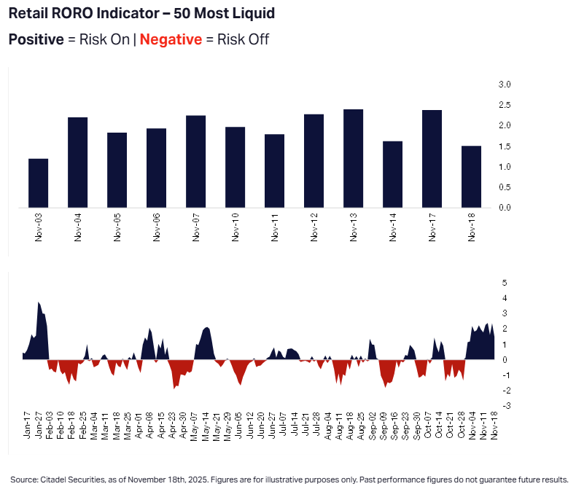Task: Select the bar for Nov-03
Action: [x=38, y=183]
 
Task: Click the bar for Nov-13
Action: [x=354, y=159]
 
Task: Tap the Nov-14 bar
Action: [x=393, y=174]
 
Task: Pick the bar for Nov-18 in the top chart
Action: [x=471, y=177]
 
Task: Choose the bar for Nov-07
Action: [x=196, y=162]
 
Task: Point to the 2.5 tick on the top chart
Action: [x=505, y=105]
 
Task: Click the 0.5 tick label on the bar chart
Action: [x=505, y=187]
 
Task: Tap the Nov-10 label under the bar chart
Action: [x=235, y=227]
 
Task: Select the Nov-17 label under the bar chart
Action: [x=432, y=227]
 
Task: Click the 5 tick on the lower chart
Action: [x=505, y=283]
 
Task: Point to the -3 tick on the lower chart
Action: [x=507, y=406]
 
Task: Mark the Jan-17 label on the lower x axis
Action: [x=27, y=425]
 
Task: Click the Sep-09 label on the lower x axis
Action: [x=383, y=425]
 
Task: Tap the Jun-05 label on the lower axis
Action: [x=238, y=425]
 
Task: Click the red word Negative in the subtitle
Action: [x=171, y=39]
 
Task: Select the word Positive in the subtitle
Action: [x=36, y=39]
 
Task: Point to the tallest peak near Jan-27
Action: [x=38, y=302]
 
